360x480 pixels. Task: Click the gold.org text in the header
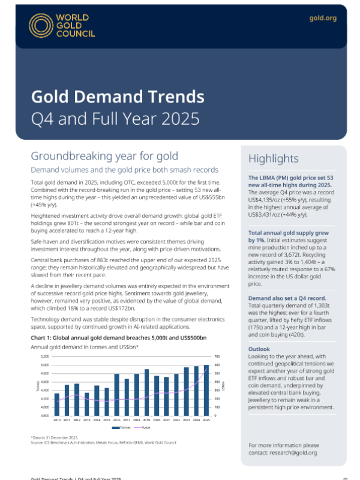[x=323, y=19]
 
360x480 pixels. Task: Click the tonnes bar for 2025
[x=207, y=389]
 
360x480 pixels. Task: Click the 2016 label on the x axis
[x=116, y=419]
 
